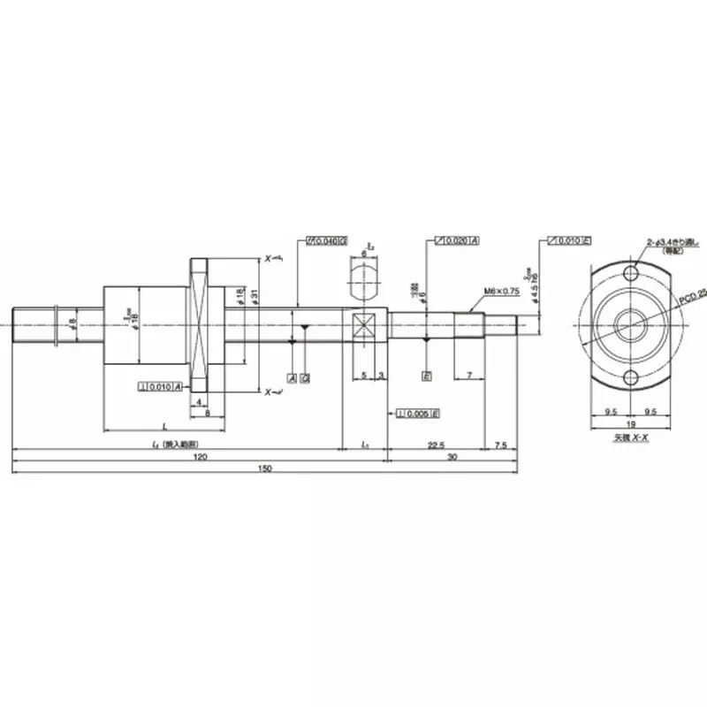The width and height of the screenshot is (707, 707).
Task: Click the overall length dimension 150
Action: pyautogui.click(x=264, y=468)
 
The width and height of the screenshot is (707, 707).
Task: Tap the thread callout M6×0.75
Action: pyautogui.click(x=501, y=291)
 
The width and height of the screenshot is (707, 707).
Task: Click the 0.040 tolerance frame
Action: pyautogui.click(x=326, y=240)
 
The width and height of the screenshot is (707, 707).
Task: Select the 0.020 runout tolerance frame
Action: pyautogui.click(x=457, y=240)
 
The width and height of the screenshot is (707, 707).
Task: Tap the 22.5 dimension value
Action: pyautogui.click(x=435, y=445)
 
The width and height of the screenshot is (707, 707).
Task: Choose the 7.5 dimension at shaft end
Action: pyautogui.click(x=501, y=445)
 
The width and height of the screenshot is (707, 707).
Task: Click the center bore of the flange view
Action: pyautogui.click(x=630, y=325)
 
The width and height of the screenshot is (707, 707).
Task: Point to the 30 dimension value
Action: pyautogui.click(x=452, y=458)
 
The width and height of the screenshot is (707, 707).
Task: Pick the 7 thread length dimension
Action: pyautogui.click(x=468, y=376)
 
